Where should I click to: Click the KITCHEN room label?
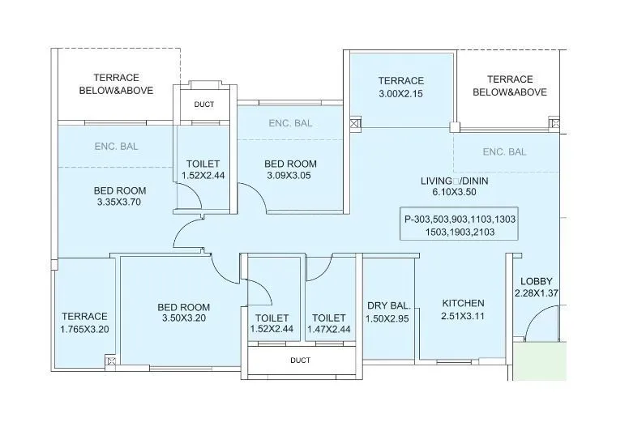(463, 303)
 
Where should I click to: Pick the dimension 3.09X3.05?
(289, 175)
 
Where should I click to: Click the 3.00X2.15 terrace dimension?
(401, 93)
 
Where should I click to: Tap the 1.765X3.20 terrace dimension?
(84, 329)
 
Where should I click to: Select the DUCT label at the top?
(204, 105)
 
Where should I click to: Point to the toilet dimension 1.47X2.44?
(329, 330)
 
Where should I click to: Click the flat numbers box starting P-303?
(460, 225)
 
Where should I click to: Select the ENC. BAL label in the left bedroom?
(116, 146)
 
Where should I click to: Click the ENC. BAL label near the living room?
(504, 151)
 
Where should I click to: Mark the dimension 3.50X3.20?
(183, 319)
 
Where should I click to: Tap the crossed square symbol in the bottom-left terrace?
(111, 361)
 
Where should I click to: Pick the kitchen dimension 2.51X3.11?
(463, 316)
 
